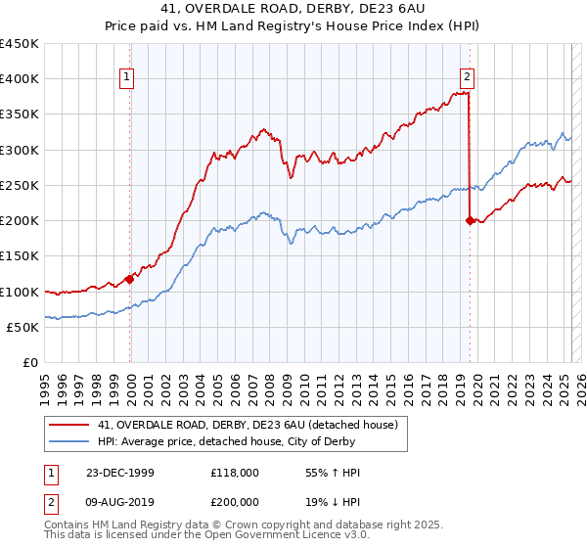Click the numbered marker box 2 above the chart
click(468, 78)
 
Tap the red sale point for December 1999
click(130, 279)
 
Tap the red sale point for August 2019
click(470, 221)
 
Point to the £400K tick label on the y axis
click(20, 79)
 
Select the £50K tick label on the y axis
click(23, 327)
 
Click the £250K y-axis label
click(20, 185)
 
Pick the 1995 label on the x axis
click(45, 385)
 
